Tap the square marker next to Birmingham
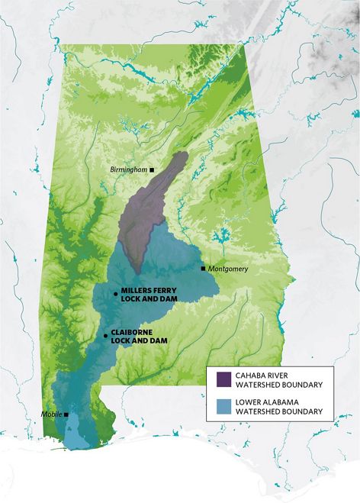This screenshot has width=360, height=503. [x=152, y=169]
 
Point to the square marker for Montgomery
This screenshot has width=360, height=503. [x=202, y=269]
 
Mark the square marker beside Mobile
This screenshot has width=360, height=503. [x=67, y=414]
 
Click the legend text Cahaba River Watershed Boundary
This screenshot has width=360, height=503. [x=279, y=379]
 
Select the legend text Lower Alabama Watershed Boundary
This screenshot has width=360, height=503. [x=279, y=406]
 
